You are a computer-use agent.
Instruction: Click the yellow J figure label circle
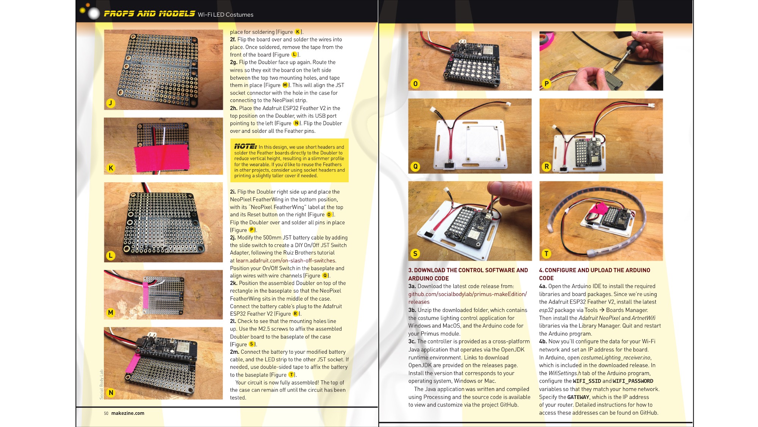[111, 103]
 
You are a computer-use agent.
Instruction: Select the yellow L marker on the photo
[111, 255]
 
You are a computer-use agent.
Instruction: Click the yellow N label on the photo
[111, 392]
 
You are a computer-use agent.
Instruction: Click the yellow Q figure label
[415, 166]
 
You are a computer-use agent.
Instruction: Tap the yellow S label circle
[415, 254]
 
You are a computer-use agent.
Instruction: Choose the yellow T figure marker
[546, 254]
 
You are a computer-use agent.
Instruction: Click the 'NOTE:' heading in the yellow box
[245, 147]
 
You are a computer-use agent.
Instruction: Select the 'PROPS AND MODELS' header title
[150, 14]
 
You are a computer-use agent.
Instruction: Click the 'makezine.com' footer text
[128, 413]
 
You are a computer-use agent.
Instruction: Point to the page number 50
[106, 413]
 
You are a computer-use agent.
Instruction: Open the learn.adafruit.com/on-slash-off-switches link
[286, 261]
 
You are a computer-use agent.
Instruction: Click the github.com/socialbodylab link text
[468, 298]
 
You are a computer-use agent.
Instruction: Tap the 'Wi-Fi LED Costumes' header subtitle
[226, 15]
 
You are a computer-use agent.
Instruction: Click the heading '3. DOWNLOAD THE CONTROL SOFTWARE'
[468, 274]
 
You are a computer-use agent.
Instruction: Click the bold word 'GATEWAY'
[578, 397]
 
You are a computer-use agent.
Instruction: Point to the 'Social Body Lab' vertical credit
[102, 384]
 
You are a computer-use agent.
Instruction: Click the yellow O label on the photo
[415, 84]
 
